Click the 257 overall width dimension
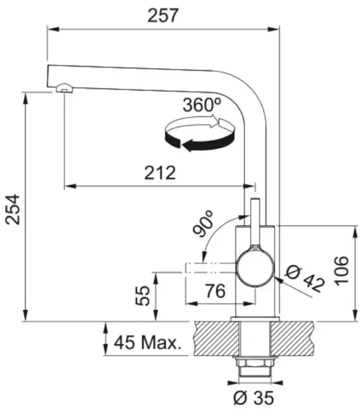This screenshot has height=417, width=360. pos(162,16)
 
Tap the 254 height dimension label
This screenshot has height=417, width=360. pos(13,210)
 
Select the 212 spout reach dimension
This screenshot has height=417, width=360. pos(160,173)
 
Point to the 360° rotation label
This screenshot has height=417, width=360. pos(202,105)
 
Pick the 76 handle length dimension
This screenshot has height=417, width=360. pos(215,291)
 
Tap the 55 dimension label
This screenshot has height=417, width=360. pos(143,296)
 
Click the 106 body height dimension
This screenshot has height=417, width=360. pos(341,271)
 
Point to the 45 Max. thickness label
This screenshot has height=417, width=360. pos(148,342)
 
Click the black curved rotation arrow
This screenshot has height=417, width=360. pos(199,140)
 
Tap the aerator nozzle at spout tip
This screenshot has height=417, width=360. pos(64,88)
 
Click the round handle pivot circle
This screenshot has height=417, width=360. pos(256,268)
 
